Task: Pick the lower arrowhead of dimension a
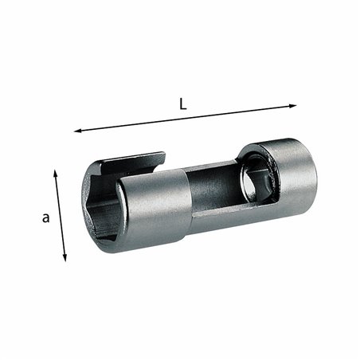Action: click(65, 260)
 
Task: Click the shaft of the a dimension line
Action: click(60, 216)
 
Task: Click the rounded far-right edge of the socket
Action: click(314, 171)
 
